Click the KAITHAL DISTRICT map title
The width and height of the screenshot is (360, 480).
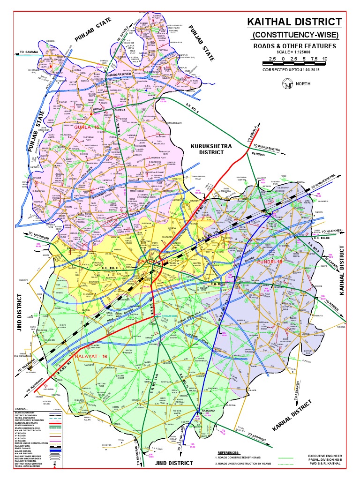(294, 22)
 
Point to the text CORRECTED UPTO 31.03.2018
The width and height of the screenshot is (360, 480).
(294, 70)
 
